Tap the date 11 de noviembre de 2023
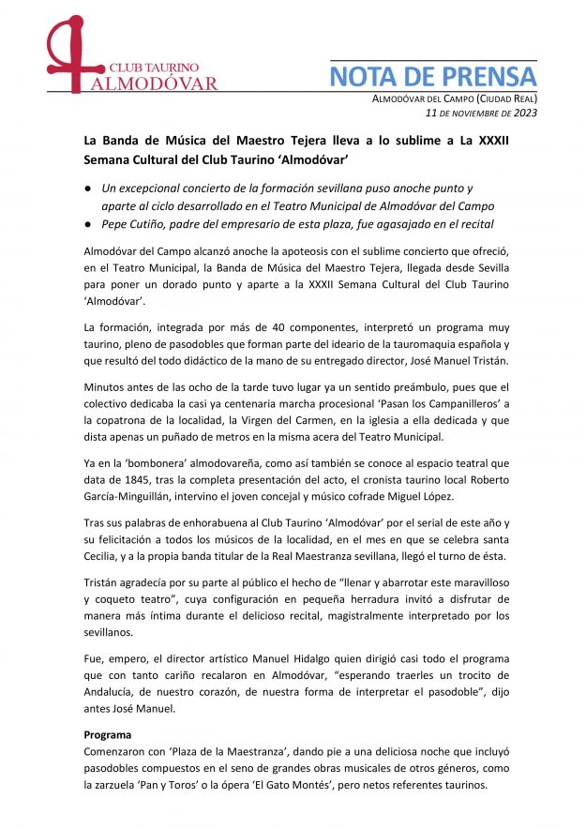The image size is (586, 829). (x=481, y=113)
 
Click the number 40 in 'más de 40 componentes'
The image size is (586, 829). (x=246, y=327)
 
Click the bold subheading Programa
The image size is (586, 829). (x=108, y=735)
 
